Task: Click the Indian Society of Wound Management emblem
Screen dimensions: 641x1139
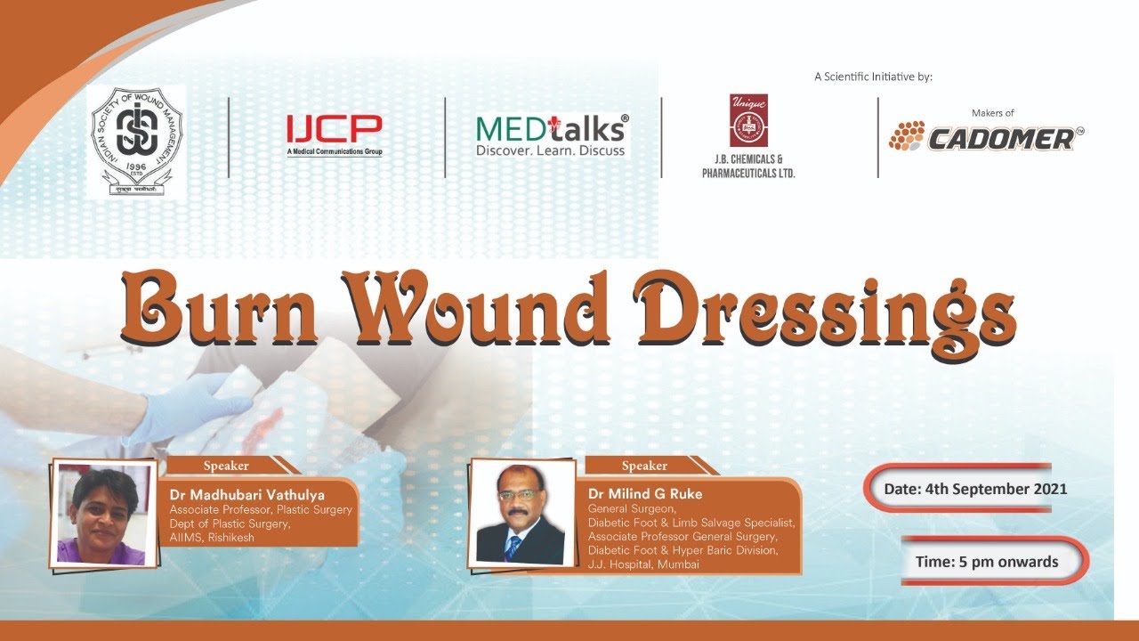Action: pos(136,140)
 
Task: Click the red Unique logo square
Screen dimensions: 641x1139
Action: pos(748,120)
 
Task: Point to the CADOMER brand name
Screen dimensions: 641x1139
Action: pos(1000,138)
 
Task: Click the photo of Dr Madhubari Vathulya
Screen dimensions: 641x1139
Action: pos(101,515)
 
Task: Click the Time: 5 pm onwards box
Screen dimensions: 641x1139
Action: pos(987,562)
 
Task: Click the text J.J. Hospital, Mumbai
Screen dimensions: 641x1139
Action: pos(643,564)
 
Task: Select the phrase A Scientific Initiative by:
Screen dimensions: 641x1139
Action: pos(873,77)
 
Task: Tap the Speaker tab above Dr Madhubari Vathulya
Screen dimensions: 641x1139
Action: pos(226,466)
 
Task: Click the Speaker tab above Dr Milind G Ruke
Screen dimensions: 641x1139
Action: pos(644,466)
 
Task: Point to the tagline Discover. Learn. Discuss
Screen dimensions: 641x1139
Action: pos(551,151)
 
